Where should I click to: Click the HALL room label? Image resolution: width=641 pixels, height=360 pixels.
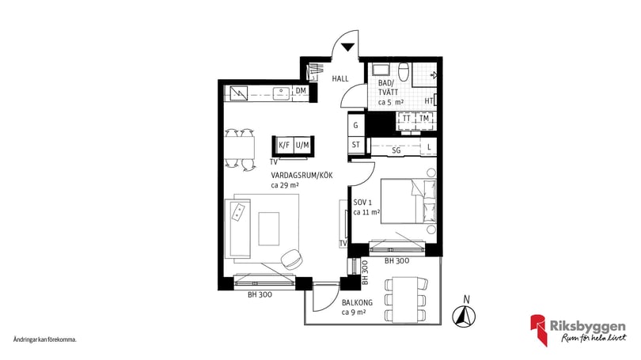(x=340, y=78)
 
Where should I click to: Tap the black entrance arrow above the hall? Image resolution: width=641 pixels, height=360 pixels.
(x=348, y=47)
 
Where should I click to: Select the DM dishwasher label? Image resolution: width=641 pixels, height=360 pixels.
(x=301, y=91)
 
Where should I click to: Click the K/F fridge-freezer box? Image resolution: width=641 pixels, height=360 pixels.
(x=284, y=145)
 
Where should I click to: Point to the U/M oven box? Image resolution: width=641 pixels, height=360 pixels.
(x=302, y=145)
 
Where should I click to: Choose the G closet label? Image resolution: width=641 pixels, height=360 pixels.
(x=355, y=126)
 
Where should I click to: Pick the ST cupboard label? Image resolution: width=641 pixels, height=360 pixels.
(x=355, y=145)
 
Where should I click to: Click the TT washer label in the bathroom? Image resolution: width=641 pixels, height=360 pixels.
(x=406, y=119)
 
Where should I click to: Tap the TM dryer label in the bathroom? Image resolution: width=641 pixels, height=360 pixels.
(x=424, y=119)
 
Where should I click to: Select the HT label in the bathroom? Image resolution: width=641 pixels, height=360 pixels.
(x=429, y=101)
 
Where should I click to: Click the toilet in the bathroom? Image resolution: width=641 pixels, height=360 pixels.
(x=404, y=72)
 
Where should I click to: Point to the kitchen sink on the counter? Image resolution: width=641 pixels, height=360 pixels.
(x=281, y=93)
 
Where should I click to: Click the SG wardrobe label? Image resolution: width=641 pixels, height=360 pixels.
(x=396, y=150)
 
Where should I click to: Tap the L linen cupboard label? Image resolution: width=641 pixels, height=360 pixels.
(x=429, y=147)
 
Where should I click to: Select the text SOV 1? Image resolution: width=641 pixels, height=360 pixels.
(x=363, y=203)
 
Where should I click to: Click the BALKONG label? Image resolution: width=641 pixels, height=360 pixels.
(x=357, y=303)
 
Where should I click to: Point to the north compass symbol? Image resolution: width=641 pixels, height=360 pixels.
(x=464, y=316)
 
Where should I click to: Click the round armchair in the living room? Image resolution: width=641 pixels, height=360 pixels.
(x=292, y=259)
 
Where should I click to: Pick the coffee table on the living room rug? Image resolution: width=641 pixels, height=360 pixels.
(x=269, y=229)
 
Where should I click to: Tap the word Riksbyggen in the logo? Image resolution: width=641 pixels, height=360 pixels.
(x=587, y=327)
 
